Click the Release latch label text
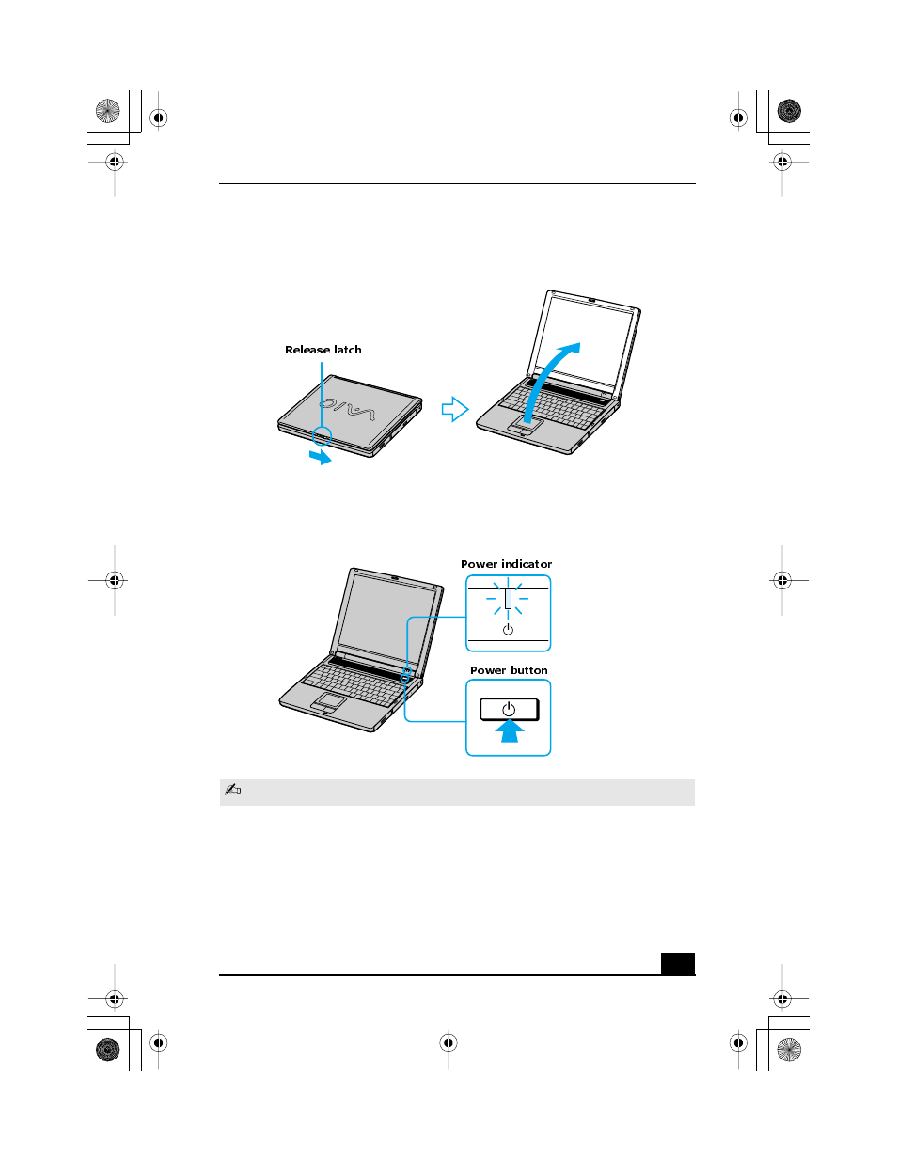click(x=323, y=350)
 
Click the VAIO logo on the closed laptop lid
click(x=347, y=410)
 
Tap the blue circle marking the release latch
click(x=322, y=436)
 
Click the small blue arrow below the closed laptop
click(x=321, y=457)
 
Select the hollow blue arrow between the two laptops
click(x=455, y=409)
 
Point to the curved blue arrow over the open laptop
click(x=550, y=376)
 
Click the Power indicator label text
click(x=506, y=564)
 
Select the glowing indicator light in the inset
click(x=508, y=598)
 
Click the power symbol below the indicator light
click(x=508, y=629)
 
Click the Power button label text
click(x=509, y=670)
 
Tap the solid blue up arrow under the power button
click(x=510, y=731)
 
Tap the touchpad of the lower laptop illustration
click(x=329, y=701)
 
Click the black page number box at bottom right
click(x=677, y=964)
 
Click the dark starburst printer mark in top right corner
click(x=789, y=111)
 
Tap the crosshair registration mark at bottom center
click(x=448, y=1043)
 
